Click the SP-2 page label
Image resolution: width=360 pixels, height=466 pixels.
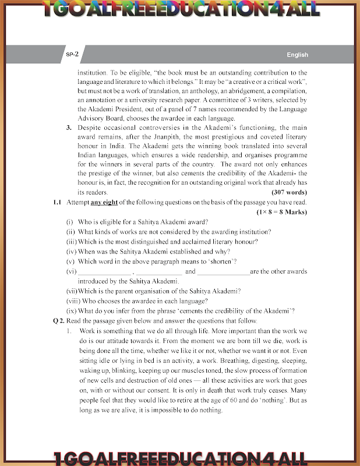pyautogui.click(x=72, y=54)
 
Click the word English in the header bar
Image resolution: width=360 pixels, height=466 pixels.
pyautogui.click(x=297, y=55)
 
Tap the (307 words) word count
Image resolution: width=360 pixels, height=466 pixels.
pyautogui.click(x=290, y=192)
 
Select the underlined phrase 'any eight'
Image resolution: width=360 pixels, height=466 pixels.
pyautogui.click(x=103, y=202)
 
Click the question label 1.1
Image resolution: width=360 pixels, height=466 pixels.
pyautogui.click(x=57, y=202)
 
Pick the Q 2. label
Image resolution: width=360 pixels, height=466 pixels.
pyautogui.click(x=58, y=321)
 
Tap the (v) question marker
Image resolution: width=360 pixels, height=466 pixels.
pyautogui.click(x=70, y=261)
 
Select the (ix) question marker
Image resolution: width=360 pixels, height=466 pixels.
pyautogui.click(x=70, y=311)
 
